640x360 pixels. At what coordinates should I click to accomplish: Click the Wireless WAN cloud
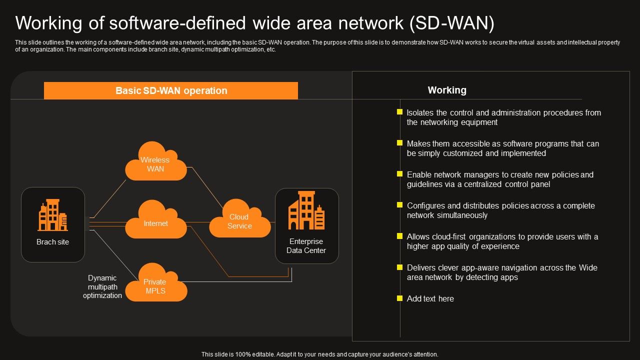click(x=155, y=163)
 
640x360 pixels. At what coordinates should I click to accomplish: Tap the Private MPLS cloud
click(x=155, y=285)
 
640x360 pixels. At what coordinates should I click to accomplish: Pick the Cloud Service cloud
click(x=239, y=220)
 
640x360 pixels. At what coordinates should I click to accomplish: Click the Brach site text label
click(x=53, y=242)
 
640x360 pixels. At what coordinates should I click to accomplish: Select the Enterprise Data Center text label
click(x=306, y=246)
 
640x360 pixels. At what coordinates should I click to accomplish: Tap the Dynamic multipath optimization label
click(x=102, y=286)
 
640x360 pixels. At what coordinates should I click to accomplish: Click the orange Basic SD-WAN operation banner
click(x=171, y=90)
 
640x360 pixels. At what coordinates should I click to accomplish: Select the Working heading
click(x=447, y=90)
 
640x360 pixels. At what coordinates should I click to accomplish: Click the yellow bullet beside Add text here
click(x=399, y=298)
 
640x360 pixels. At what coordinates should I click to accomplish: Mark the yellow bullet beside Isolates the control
click(x=399, y=112)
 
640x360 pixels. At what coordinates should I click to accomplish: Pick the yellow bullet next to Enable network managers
click(x=399, y=174)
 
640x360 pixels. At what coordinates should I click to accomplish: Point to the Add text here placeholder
click(x=430, y=298)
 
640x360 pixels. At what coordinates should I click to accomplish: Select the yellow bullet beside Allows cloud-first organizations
click(x=399, y=236)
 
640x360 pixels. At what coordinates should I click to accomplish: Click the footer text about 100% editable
click(x=319, y=354)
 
